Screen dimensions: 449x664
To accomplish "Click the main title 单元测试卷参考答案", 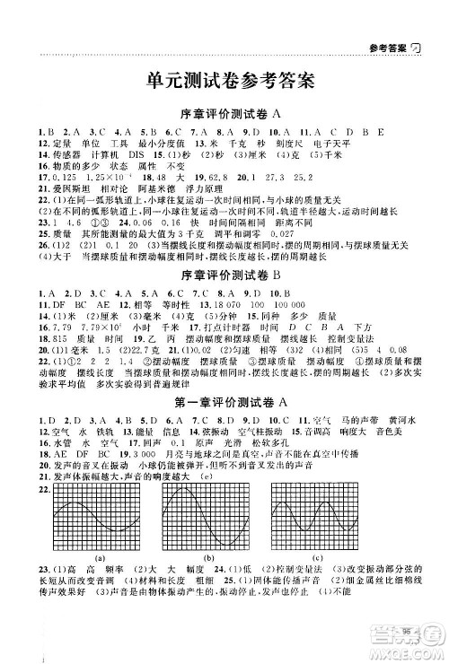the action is pyautogui.click(x=229, y=81).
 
